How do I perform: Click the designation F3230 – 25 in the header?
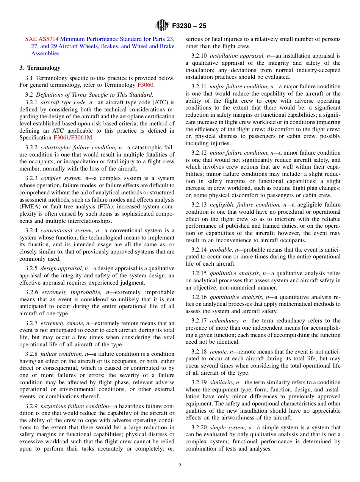189,26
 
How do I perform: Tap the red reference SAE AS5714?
42,39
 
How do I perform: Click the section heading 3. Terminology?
40,68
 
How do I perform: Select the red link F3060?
146,85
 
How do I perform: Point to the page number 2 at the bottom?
180,466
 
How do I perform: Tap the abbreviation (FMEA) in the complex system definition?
30,207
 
